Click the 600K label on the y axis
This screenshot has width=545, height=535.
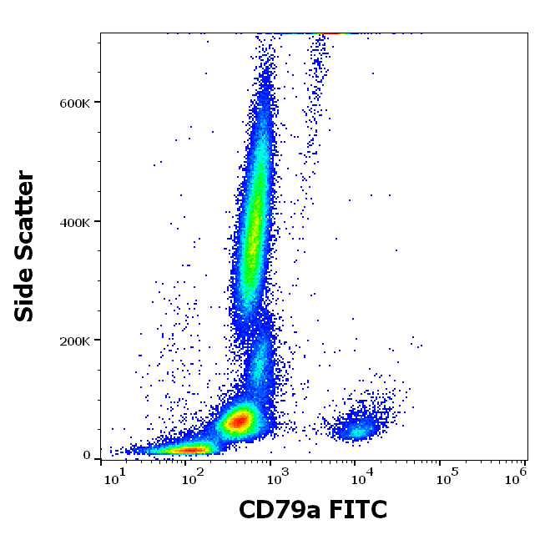click(75, 103)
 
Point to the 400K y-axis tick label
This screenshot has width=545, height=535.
click(75, 222)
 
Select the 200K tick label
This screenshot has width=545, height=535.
click(75, 341)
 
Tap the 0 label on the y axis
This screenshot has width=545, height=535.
click(87, 456)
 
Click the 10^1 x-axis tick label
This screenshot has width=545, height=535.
click(115, 477)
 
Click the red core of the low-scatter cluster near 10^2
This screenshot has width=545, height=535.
click(190, 450)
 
